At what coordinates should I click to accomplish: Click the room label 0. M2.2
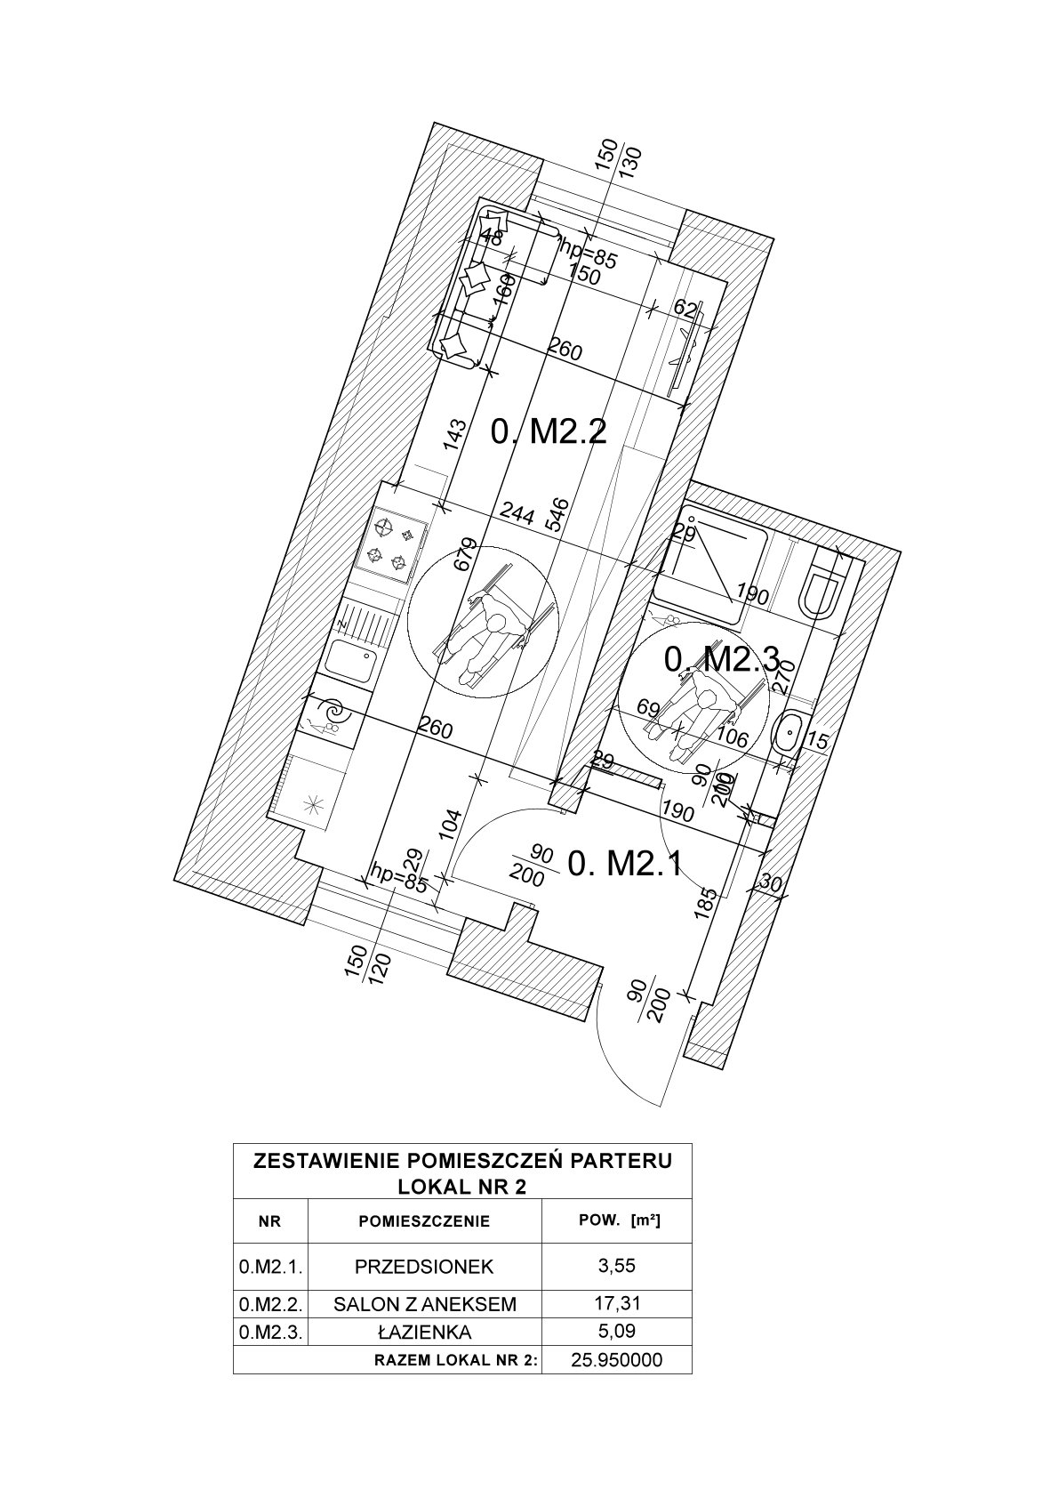(x=549, y=433)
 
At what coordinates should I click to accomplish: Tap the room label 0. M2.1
(x=624, y=862)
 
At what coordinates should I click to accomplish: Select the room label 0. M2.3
(x=722, y=659)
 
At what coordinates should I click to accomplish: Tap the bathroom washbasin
(x=787, y=735)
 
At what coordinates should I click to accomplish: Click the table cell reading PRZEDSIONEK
(x=424, y=1266)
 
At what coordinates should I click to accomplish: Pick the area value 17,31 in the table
(x=617, y=1303)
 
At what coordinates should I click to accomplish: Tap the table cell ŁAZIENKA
(x=424, y=1333)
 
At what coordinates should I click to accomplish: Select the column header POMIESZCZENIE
(x=424, y=1221)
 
